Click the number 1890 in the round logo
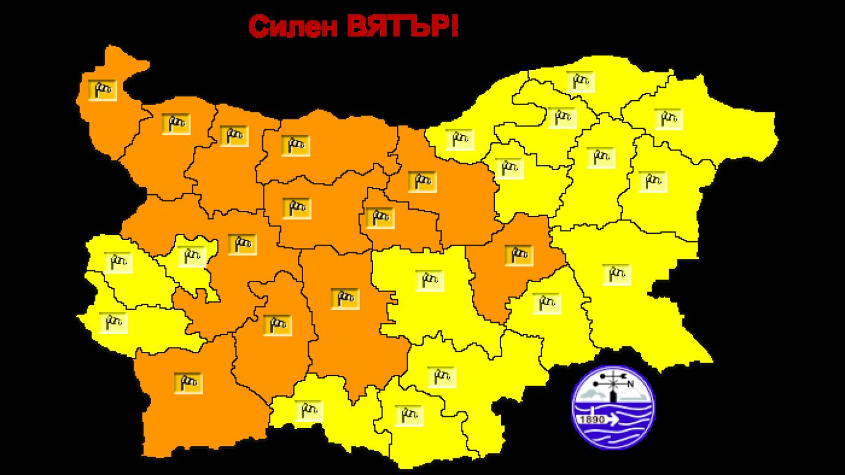(x=591, y=419)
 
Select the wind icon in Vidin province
(x=102, y=90)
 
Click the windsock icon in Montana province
(x=176, y=124)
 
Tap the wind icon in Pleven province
(x=295, y=145)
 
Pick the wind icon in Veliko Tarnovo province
(x=422, y=181)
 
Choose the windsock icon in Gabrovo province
(x=379, y=218)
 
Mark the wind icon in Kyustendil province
(x=113, y=323)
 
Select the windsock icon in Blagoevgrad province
(x=187, y=383)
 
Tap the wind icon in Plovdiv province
(x=345, y=299)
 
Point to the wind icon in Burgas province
(x=616, y=274)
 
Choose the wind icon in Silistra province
(x=580, y=81)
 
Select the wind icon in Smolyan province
(x=309, y=410)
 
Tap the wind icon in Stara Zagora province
(x=429, y=281)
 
